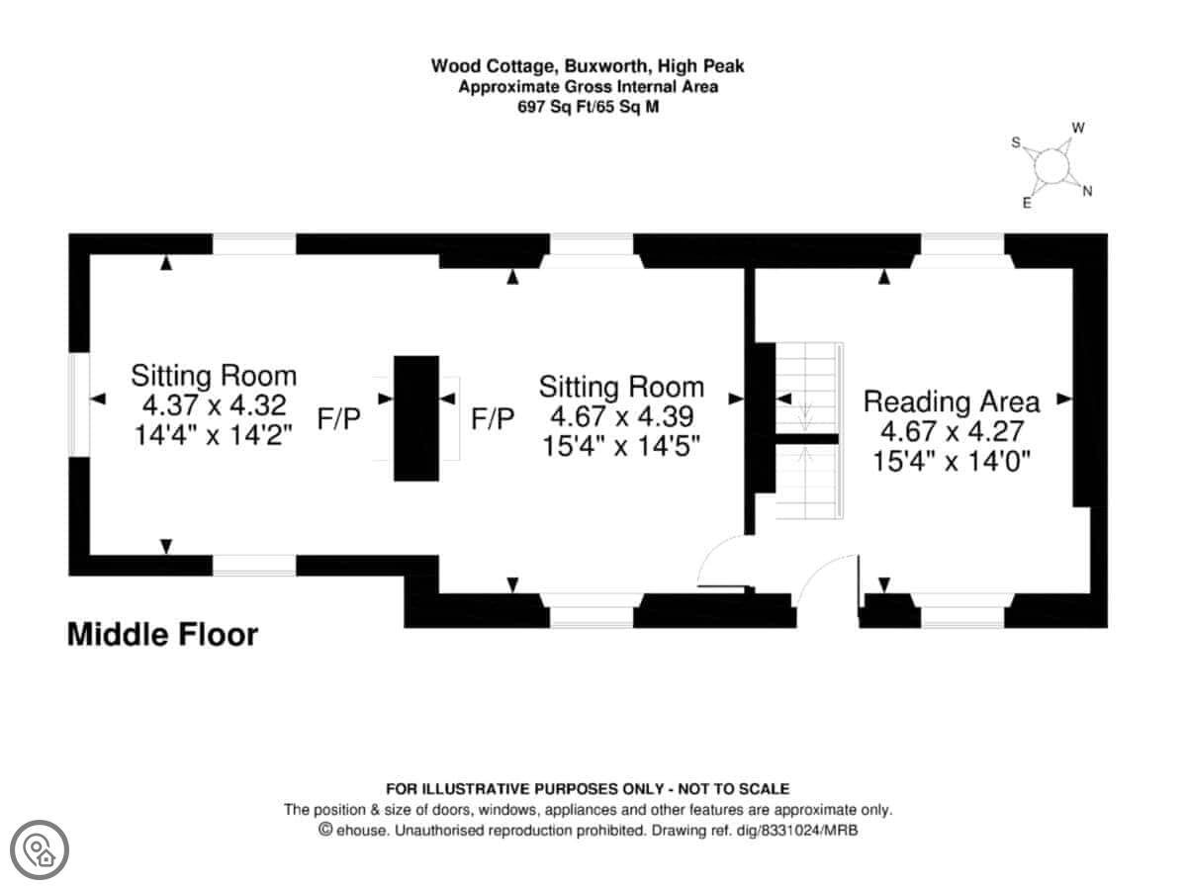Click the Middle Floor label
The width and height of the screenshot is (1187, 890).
pos(162,634)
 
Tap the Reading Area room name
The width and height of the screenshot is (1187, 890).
pos(952,401)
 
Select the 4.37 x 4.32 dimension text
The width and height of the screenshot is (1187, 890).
pos(215,405)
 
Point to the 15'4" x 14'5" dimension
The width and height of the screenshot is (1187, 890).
pos(621,446)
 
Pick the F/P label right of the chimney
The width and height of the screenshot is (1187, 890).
pos(493,418)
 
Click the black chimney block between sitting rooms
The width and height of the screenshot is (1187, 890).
pos(416,417)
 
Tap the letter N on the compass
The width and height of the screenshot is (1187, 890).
pos(1087,192)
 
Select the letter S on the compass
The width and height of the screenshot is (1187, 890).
pos(1014,142)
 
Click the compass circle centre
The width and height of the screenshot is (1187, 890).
pos(1050,168)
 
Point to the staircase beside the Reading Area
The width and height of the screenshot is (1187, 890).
pos(807,431)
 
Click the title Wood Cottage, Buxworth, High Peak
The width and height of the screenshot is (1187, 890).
pos(587,66)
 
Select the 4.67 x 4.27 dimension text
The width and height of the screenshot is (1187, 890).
pos(952,431)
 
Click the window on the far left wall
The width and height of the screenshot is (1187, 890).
pos(79,405)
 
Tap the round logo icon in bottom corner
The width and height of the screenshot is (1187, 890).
pos(41,847)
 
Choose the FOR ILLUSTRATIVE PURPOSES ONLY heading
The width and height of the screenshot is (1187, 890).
pos(588,789)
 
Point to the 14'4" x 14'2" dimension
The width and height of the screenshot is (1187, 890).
pos(215,435)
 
